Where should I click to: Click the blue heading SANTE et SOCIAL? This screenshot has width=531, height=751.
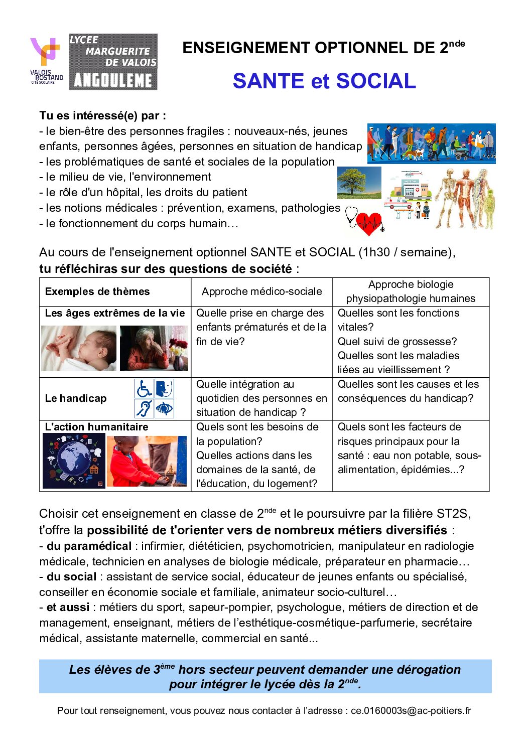tap(324, 81)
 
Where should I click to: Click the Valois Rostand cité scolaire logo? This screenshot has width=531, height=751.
tap(47, 61)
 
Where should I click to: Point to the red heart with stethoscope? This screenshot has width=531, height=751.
tap(366, 221)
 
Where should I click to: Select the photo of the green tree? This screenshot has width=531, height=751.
tap(359, 183)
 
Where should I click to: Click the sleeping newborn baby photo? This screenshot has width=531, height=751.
tap(79, 348)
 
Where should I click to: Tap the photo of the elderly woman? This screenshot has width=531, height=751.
tap(154, 348)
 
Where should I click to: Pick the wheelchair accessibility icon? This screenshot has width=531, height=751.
tap(144, 389)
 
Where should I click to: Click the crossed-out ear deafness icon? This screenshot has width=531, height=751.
tap(144, 408)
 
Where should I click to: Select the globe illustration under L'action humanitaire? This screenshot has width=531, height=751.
tap(74, 461)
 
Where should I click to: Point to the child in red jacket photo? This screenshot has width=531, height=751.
tap(146, 461)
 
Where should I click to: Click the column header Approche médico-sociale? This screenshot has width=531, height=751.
tap(261, 291)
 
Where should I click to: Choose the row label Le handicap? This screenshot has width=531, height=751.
tap(76, 398)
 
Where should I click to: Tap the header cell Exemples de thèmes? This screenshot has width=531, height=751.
tap(97, 291)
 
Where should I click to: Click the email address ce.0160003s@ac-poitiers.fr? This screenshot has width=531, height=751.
tap(411, 710)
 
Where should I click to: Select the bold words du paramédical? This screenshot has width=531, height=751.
tap(89, 546)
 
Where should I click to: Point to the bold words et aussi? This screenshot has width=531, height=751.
tap(68, 607)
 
